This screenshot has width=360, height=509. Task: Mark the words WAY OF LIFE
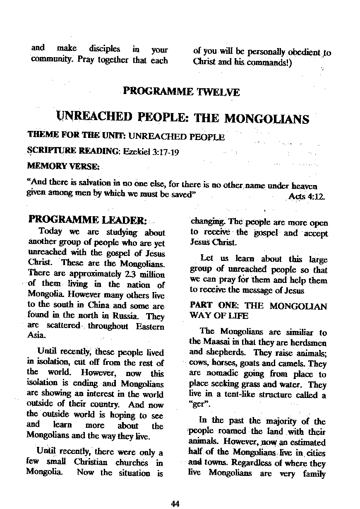tap(219, 316)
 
